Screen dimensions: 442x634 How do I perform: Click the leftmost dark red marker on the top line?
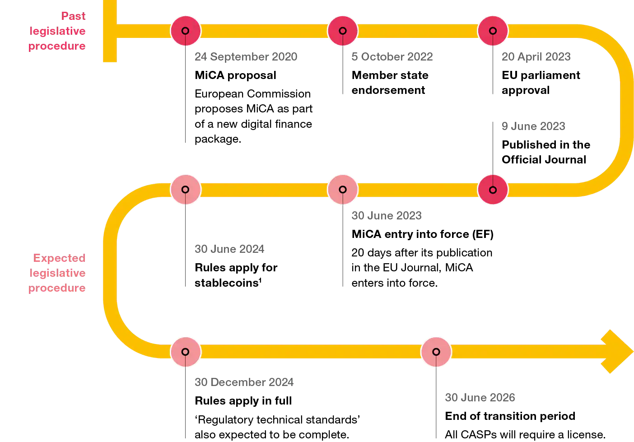point(185,31)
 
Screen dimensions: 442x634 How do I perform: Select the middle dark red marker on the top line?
point(343,31)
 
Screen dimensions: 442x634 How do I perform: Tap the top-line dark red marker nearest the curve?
point(493,31)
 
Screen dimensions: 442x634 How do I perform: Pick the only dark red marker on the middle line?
point(493,190)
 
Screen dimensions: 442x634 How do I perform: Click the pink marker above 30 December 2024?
point(185,352)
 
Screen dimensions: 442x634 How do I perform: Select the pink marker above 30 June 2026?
point(436,352)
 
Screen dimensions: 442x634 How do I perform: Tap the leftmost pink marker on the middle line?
point(185,190)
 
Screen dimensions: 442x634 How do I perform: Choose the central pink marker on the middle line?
point(343,190)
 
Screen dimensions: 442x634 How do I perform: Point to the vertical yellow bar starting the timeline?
point(110,35)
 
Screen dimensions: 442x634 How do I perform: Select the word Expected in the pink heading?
point(59,260)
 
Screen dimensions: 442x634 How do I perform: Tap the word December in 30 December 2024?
point(238,382)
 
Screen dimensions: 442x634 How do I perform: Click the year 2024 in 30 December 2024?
point(281,382)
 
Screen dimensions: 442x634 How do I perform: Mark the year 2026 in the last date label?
point(503,398)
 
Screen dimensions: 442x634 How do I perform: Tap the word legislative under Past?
point(57,32)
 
